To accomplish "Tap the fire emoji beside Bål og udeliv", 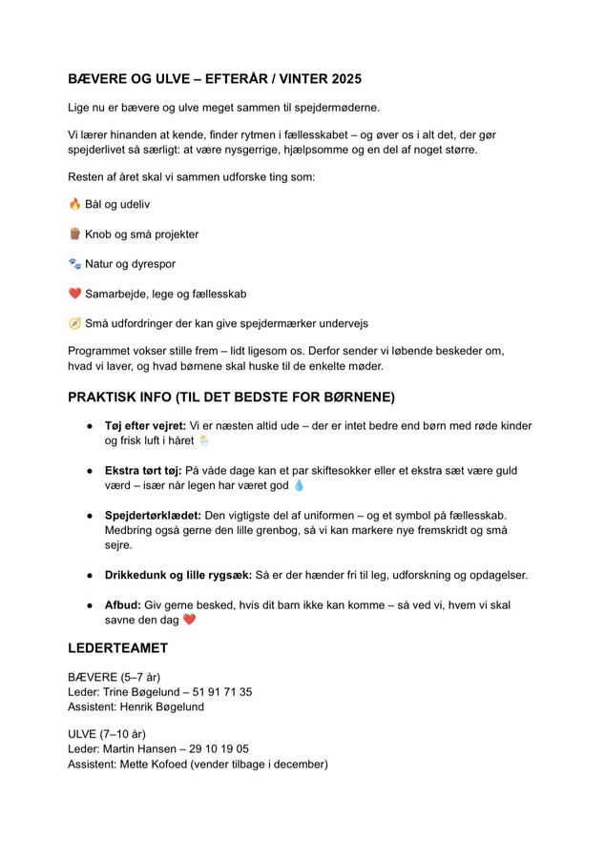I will (x=74, y=204).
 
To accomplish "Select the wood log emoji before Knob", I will (x=74, y=234).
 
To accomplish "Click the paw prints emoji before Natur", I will (x=74, y=263).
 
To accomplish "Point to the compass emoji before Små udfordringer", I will (x=74, y=323).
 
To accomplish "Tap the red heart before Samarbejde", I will (x=74, y=294).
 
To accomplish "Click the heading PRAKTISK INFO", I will (x=231, y=397).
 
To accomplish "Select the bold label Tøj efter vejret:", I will (x=145, y=426).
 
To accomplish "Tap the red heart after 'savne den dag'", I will (x=189, y=620).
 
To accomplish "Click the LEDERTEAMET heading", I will (x=117, y=648).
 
